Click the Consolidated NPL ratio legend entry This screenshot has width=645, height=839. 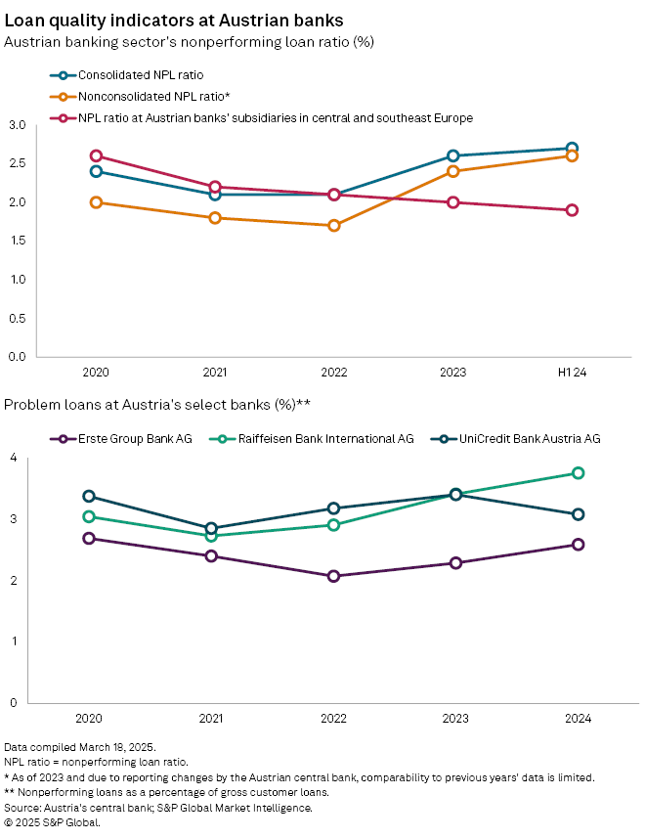(143, 74)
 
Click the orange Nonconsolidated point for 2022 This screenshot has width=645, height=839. (334, 225)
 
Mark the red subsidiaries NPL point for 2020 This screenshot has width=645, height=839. (96, 155)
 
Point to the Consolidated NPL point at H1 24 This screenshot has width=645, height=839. (572, 149)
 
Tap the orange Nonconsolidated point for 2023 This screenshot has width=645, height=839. (453, 171)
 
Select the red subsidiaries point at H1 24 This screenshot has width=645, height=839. (572, 210)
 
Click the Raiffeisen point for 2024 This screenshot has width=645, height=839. (578, 472)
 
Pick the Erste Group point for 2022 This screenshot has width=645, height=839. (333, 576)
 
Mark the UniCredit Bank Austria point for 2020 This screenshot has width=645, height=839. (89, 496)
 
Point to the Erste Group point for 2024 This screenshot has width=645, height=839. (578, 545)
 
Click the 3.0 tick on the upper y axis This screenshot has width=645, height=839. (17, 125)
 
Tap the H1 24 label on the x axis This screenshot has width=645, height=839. (572, 373)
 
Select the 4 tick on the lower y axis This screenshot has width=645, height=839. (13, 459)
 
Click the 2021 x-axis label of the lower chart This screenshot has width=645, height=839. (211, 719)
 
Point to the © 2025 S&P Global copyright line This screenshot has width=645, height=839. (53, 822)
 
